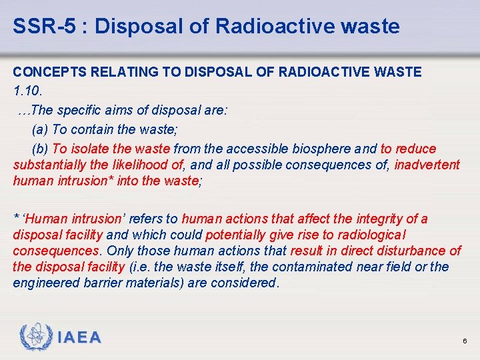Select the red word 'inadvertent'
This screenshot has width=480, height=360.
point(427,165)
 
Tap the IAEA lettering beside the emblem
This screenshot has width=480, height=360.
point(79,338)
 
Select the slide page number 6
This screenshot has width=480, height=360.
point(465,341)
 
